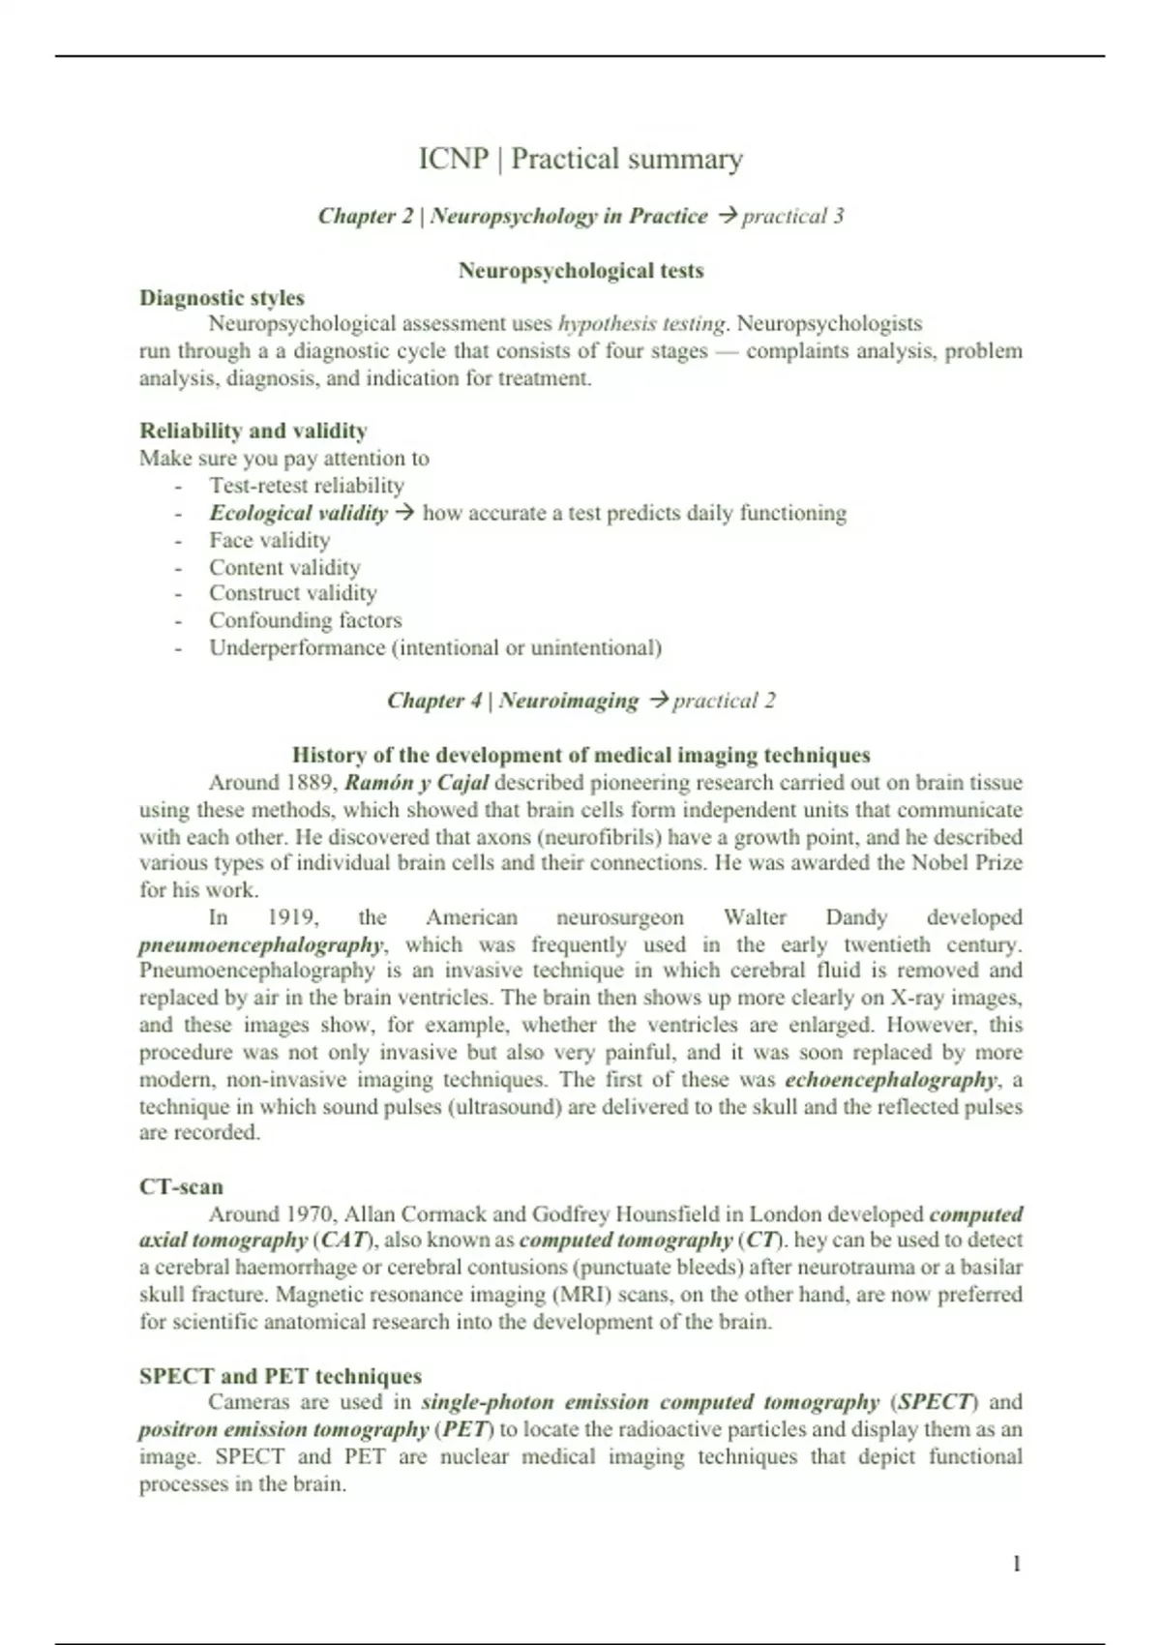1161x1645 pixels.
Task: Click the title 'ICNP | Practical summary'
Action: (580, 159)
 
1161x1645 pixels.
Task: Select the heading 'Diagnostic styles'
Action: (222, 298)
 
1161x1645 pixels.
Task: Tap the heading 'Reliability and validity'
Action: (253, 431)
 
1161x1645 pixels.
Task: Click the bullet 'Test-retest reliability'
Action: (307, 486)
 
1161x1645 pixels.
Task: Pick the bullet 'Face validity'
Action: (269, 540)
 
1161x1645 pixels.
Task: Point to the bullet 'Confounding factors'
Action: (305, 620)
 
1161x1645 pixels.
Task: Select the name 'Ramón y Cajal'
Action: (416, 782)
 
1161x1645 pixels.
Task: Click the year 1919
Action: (293, 917)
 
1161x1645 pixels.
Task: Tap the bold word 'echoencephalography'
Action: (890, 1079)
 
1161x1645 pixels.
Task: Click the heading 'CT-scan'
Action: (181, 1186)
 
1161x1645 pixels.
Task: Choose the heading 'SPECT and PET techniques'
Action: (281, 1376)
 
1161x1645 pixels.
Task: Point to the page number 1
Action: (1016, 1564)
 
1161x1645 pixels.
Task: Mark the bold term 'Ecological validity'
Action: (298, 513)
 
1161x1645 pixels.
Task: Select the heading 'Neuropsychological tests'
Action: (580, 271)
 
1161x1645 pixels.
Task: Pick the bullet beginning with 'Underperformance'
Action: (435, 647)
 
